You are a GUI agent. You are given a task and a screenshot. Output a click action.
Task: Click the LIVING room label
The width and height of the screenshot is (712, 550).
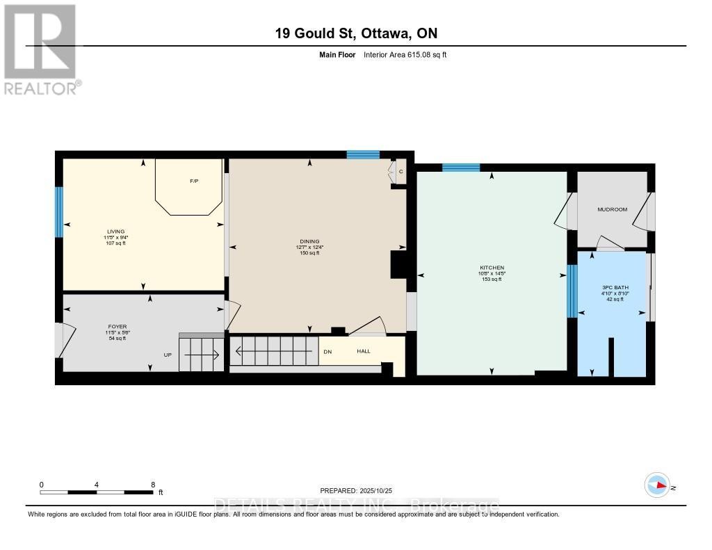[x=115, y=232]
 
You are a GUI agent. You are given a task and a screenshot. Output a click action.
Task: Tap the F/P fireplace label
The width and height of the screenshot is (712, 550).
[x=194, y=181]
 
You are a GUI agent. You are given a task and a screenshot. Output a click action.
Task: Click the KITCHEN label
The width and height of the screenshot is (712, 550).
[x=491, y=268]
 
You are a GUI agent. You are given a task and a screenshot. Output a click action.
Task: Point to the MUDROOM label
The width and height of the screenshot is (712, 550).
[x=612, y=209]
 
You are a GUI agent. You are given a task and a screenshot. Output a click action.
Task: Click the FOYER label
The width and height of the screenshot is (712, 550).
[x=117, y=326]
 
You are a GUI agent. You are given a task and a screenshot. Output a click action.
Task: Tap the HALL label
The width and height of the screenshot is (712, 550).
[x=364, y=352]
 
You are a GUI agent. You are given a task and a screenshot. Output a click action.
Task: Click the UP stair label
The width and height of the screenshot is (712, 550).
[x=168, y=355]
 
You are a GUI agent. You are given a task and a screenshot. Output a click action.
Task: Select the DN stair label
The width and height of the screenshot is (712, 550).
[x=327, y=352]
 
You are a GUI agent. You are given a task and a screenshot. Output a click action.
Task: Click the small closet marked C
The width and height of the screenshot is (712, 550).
[x=400, y=171]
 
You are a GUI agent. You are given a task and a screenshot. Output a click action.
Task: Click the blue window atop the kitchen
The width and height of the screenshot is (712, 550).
[x=461, y=167]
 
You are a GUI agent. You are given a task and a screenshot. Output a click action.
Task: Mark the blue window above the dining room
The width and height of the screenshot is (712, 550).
[x=363, y=154]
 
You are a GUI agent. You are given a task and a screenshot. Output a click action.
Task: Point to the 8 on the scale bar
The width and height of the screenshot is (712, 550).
[x=152, y=485]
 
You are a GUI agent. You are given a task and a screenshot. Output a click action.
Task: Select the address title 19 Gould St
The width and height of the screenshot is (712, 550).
[x=355, y=33]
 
